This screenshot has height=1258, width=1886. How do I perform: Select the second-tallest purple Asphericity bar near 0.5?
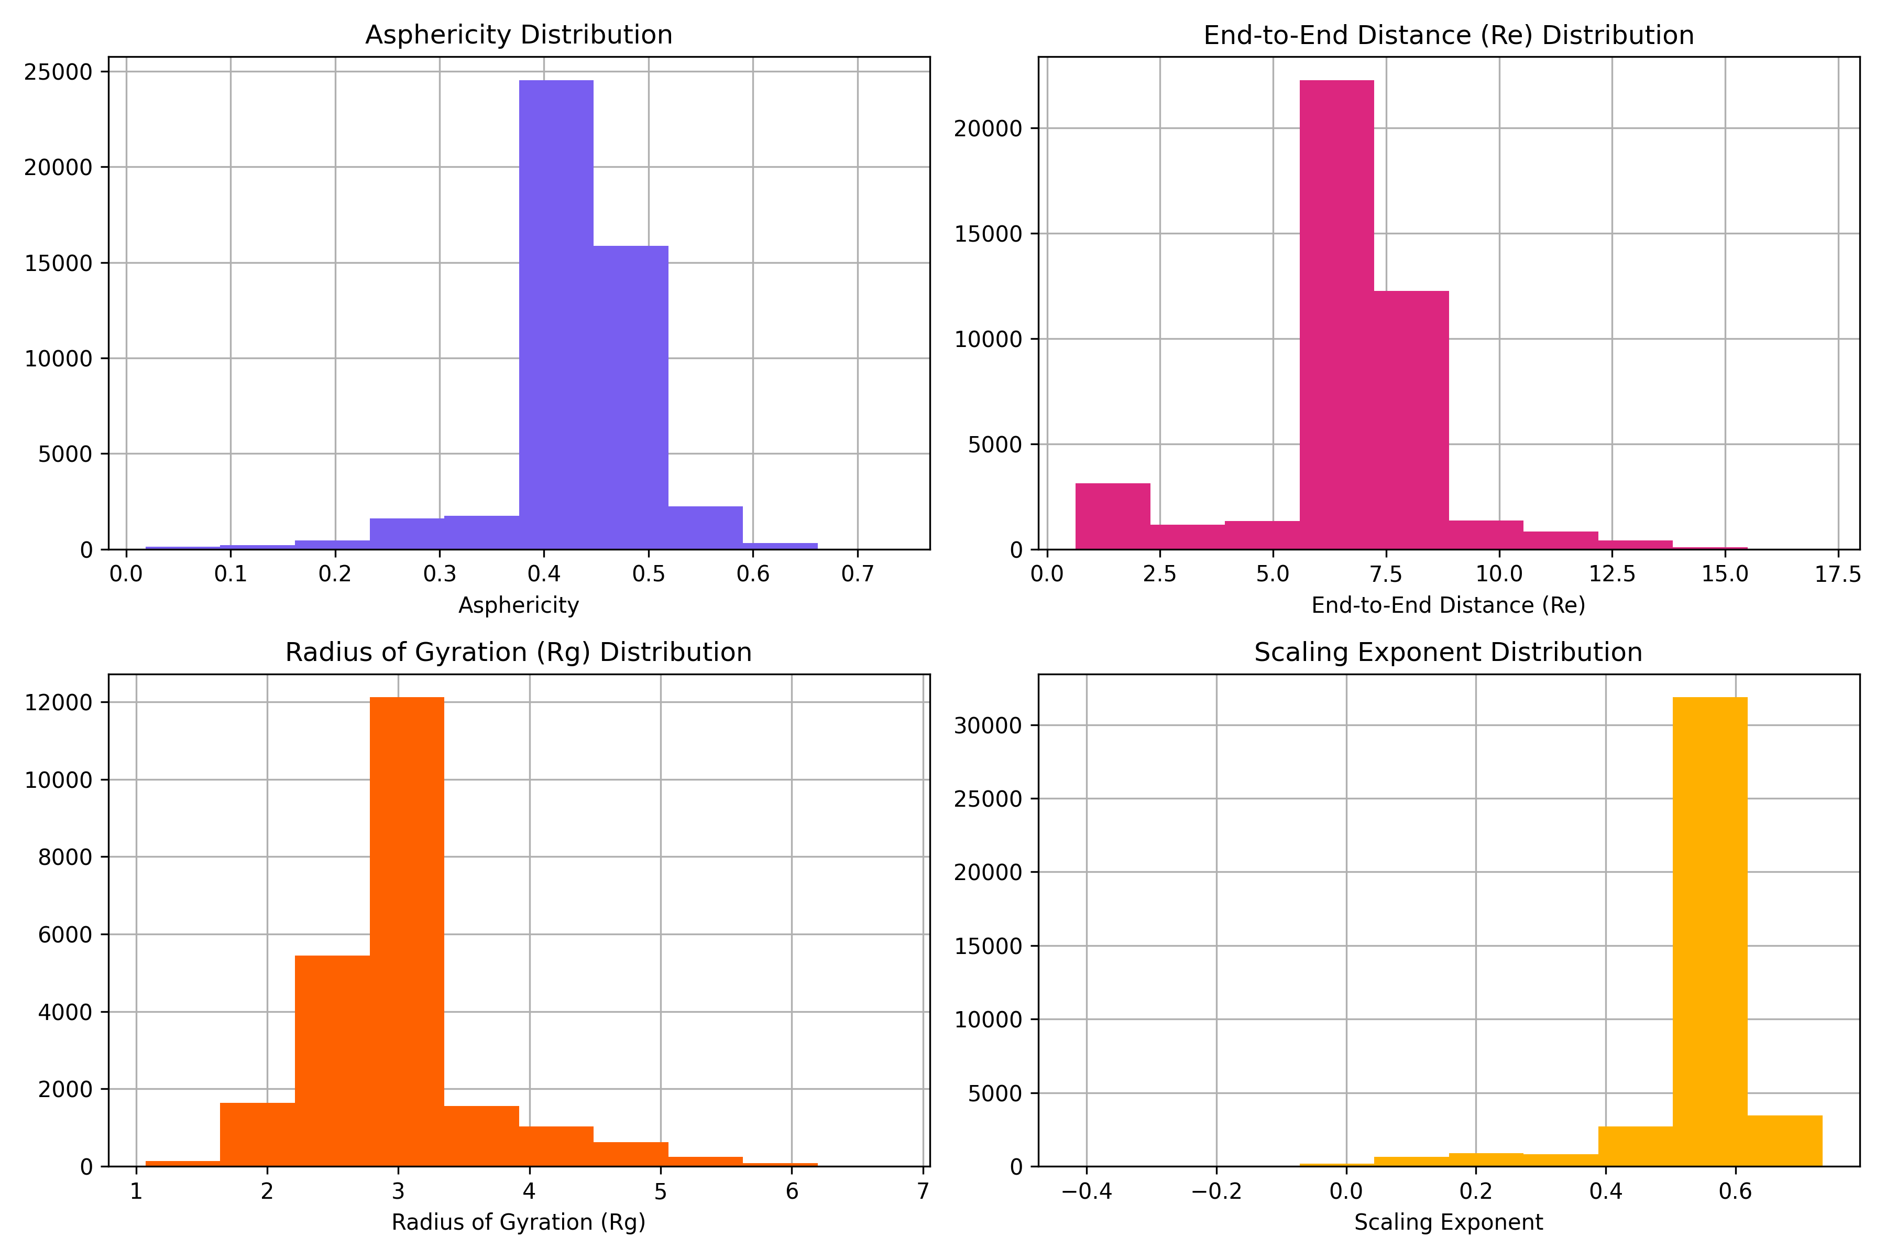pos(630,397)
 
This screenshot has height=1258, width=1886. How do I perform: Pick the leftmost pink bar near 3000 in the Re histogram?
pos(1112,517)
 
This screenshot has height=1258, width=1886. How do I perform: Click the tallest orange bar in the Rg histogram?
pos(407,931)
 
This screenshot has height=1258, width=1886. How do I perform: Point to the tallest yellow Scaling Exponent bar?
pos(1709,931)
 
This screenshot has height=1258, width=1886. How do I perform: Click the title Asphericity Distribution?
pos(519,35)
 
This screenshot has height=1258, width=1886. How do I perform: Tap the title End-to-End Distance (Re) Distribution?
pos(1448,35)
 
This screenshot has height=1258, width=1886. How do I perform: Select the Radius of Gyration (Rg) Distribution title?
pos(519,652)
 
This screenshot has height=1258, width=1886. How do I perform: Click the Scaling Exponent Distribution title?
pos(1448,652)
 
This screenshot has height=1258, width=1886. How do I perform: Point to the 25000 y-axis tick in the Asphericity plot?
pos(59,72)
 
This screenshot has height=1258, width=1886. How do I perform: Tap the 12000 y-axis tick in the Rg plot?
pos(59,703)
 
